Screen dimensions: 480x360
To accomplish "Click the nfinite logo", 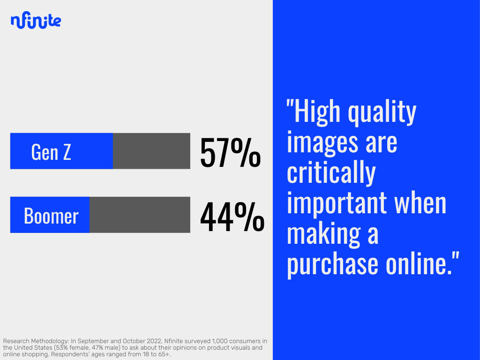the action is pos(36,20).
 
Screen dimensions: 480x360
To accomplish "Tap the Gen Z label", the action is pos(51,152).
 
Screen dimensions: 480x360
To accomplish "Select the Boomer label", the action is pos(51,216).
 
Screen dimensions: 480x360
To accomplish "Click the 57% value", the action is pos(230,152).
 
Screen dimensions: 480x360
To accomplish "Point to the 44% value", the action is pos(232,216).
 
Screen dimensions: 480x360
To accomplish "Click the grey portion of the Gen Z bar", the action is pos(151,151).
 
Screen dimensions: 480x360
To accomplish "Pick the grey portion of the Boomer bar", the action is pos(140,215).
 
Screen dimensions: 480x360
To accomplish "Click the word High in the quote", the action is pos(317,112).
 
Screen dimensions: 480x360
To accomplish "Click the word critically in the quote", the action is pos(331,173).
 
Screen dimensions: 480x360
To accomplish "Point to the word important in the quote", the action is pos(337,203).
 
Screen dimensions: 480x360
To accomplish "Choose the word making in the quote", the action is pos(323,234).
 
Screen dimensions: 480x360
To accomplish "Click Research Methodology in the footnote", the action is pos(36,341).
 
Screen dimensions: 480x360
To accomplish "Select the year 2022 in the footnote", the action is pos(153,341).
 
